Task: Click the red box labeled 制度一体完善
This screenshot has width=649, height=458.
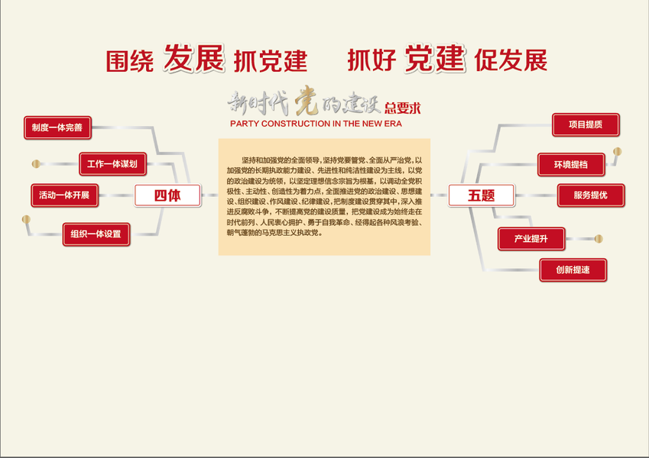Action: tap(57, 127)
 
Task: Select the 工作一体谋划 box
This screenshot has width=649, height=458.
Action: tap(112, 163)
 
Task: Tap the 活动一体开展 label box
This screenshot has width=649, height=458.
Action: tap(64, 195)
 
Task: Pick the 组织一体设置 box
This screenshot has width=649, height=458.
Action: tap(96, 234)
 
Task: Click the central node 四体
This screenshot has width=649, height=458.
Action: tap(167, 195)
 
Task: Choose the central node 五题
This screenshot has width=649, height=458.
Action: tap(481, 195)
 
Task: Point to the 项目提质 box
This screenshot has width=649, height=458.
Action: tap(586, 124)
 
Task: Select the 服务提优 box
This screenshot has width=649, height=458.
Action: tap(590, 195)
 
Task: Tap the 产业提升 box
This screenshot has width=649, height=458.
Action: tap(531, 239)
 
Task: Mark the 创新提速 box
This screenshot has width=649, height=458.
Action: tap(573, 269)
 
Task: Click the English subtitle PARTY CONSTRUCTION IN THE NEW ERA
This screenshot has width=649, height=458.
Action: tap(316, 123)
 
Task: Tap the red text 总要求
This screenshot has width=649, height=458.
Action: tap(403, 108)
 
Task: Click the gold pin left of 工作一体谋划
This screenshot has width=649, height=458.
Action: tap(35, 163)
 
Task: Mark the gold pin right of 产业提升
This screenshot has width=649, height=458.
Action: tap(598, 239)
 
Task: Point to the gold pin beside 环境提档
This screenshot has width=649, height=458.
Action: tap(617, 152)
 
